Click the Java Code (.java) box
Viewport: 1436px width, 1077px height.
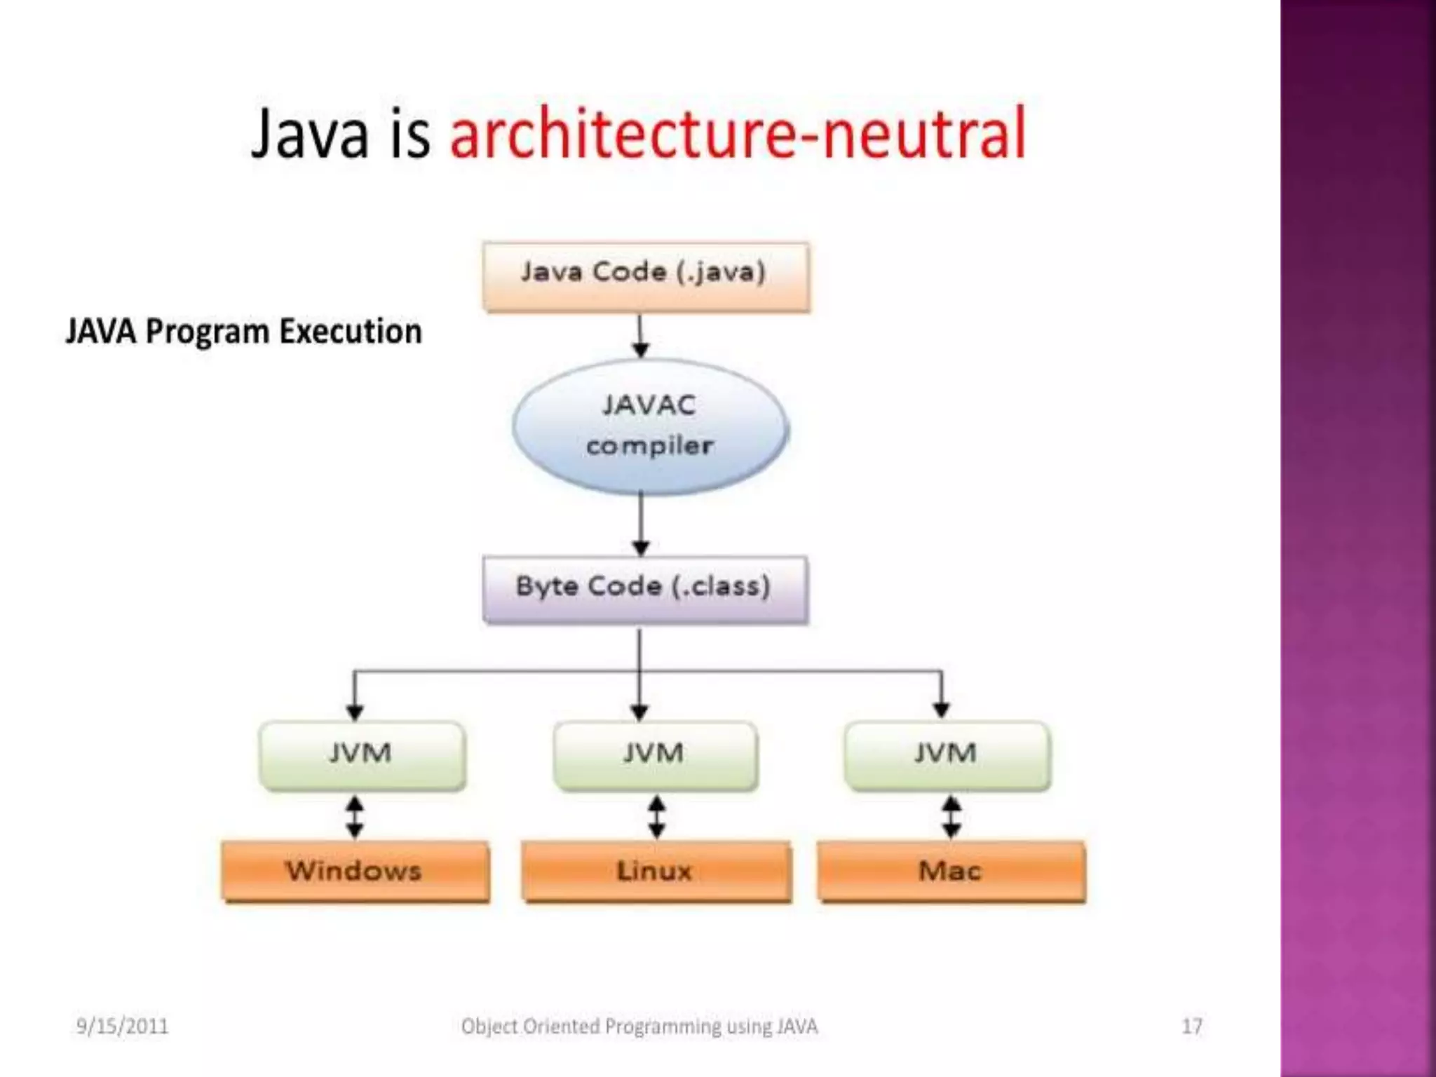point(646,276)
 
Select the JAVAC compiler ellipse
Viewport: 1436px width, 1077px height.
point(650,426)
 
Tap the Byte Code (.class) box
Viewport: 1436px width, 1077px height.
point(645,589)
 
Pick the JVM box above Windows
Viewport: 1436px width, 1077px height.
point(362,754)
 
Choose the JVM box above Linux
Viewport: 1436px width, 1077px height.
point(655,754)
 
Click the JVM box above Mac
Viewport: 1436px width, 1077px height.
point(947,754)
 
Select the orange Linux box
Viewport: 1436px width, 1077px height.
point(656,872)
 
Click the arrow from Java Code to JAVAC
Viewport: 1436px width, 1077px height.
point(640,336)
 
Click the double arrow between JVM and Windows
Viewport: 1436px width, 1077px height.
point(355,817)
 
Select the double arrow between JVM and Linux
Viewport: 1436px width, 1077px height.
point(656,817)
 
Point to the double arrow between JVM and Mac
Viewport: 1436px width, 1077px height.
point(951,817)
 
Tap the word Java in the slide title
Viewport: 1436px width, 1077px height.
point(309,133)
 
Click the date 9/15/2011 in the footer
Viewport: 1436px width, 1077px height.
point(123,1027)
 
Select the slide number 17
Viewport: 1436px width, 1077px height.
point(1192,1027)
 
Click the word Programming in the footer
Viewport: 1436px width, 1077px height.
point(663,1027)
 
